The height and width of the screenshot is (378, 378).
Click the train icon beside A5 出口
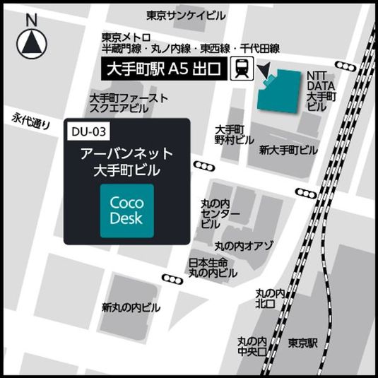(x=242, y=69)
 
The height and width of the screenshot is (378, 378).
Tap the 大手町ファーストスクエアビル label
(x=129, y=102)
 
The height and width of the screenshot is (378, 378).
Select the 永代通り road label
(x=32, y=121)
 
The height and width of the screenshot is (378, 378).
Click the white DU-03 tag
(x=89, y=131)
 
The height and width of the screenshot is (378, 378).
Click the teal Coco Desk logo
(x=126, y=210)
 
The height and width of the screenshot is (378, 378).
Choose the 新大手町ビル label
(x=288, y=150)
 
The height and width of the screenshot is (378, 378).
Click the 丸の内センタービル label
(x=215, y=212)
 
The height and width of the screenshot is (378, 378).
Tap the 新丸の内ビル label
(x=130, y=307)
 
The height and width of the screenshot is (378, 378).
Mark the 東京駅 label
(x=303, y=341)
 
